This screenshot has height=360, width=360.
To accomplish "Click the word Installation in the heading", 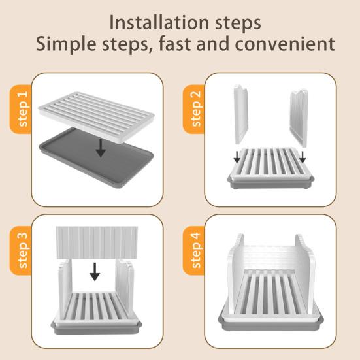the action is click(159, 22).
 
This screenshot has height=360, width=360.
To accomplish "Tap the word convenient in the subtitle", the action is click(285, 44).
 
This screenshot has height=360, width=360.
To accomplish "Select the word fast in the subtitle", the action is click(175, 43).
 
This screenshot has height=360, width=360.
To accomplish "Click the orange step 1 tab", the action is click(21, 109).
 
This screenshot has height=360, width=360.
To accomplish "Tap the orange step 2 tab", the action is click(194, 109).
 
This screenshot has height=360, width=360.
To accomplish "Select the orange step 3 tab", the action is click(21, 250).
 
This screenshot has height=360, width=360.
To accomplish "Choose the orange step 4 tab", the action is click(194, 250).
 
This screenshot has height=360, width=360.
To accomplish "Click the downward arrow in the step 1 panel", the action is click(101, 148).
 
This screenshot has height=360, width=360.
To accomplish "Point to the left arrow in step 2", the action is click(237, 157).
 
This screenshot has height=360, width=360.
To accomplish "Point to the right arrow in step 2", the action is click(303, 157).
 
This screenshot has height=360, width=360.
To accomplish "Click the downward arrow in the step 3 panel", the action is click(95, 272).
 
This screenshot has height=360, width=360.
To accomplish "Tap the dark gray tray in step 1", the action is click(97, 161).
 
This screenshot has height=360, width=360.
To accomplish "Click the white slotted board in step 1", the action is click(97, 116).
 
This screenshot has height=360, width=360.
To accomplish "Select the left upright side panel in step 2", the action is click(241, 115).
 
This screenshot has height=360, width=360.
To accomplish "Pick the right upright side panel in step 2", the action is click(299, 118).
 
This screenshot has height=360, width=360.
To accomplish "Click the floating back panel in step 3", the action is click(97, 243).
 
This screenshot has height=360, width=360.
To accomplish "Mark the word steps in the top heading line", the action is click(238, 24).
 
